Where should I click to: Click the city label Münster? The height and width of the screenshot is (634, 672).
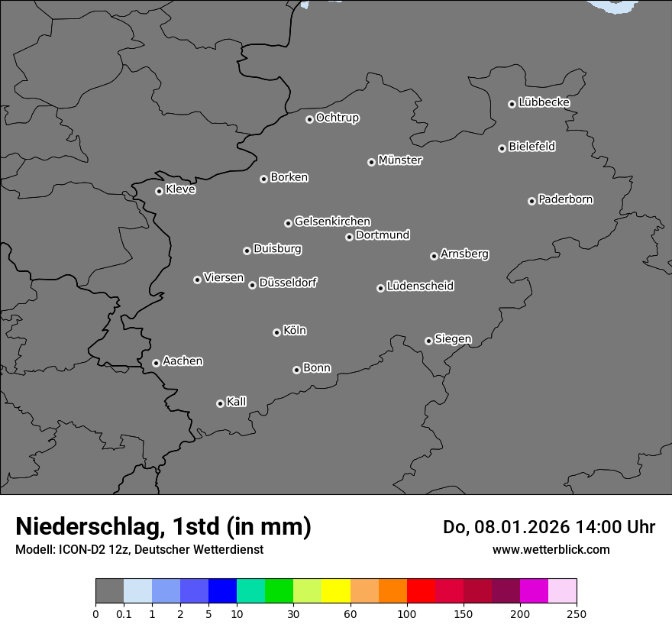coord(400,160)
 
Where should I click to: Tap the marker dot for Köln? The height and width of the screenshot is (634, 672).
coord(276,332)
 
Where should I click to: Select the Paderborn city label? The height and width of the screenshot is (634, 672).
coord(566,199)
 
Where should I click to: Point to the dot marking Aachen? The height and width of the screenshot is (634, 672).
coord(156,363)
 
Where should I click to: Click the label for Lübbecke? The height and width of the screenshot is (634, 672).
coord(544,102)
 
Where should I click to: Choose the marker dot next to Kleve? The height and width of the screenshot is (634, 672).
coord(159,191)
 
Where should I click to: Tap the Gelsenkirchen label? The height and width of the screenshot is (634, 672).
coord(332,222)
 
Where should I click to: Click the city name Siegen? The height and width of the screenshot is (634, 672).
coord(453,339)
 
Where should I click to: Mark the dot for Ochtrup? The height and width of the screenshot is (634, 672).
coord(309,119)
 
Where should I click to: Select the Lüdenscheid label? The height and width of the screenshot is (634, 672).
coord(420,286)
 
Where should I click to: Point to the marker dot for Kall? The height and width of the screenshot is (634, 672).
coord(220,403)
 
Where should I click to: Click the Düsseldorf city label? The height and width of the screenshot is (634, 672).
coord(288,283)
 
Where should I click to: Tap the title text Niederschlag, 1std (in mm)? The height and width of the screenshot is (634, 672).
coord(163,526)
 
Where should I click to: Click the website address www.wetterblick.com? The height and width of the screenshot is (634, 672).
coord(551,549)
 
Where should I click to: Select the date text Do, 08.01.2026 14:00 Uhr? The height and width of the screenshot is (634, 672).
coord(549,527)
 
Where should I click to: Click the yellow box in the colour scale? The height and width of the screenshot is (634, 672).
coord(336,591)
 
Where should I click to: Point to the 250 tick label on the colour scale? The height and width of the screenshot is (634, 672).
coord(577,613)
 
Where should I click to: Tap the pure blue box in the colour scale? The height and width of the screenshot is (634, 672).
coord(222,591)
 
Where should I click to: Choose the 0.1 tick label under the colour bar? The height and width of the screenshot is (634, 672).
coord(124,613)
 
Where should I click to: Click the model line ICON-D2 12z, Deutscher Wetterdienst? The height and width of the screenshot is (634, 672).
coord(139,549)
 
